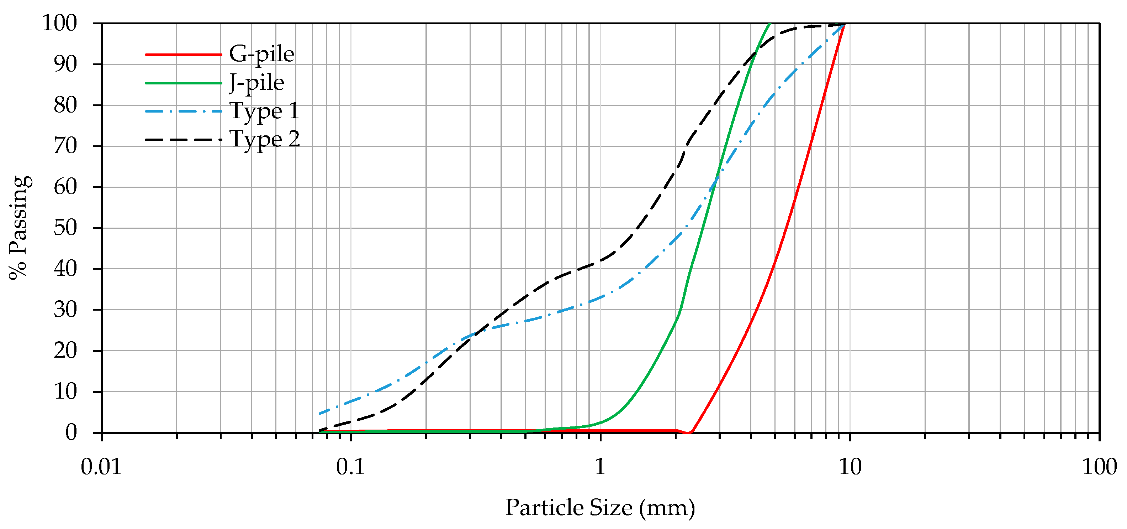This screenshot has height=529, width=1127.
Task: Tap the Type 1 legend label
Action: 264,111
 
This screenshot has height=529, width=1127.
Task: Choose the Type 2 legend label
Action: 265,140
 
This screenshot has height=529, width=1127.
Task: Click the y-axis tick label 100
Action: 59,23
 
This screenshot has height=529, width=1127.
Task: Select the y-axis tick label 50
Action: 65,228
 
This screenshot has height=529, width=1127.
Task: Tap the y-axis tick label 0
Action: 71,432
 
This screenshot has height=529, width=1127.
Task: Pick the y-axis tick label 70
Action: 65,146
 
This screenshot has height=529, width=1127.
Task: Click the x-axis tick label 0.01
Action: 101,467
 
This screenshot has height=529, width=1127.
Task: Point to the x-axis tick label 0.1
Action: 350,467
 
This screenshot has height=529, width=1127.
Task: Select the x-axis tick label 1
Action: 600,467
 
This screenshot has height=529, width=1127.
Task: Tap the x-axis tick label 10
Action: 850,467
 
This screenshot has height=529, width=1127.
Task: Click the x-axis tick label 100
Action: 1099,467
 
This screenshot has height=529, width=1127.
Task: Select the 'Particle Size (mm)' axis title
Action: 600,508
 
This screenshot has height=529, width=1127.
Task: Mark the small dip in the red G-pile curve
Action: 688,433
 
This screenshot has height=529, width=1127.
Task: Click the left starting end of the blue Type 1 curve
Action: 320,413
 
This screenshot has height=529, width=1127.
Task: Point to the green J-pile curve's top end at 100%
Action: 769,24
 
